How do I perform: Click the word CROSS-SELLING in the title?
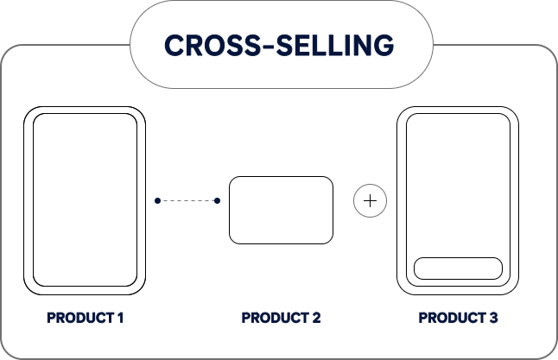coord(278,44)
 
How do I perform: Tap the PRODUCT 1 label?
coord(86,318)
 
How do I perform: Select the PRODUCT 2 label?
coord(281,318)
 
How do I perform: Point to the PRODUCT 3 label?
coord(458,318)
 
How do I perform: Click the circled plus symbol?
coord(371,201)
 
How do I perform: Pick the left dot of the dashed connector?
coord(157,200)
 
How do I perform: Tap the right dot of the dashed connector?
coord(217,200)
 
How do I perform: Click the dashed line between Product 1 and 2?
coord(187,200)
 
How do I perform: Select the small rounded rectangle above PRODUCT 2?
coord(281,210)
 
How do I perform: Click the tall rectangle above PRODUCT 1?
coord(85,199)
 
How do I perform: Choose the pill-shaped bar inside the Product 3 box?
coord(458,268)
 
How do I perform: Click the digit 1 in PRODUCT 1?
coord(121,318)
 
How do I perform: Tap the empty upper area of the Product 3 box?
coord(458,181)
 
